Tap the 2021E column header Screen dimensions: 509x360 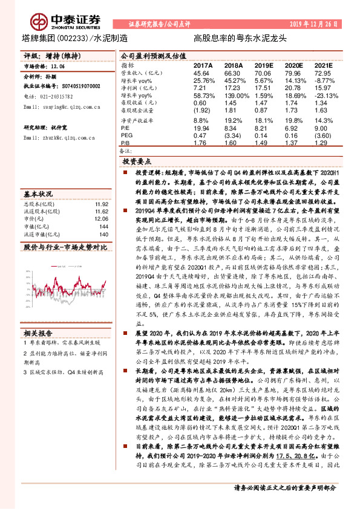(324, 64)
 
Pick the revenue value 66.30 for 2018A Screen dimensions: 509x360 (233, 73)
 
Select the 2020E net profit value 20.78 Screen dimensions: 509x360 (293, 88)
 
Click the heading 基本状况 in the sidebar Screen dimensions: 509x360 (38, 194)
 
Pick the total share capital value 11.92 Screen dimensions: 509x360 (101, 205)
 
